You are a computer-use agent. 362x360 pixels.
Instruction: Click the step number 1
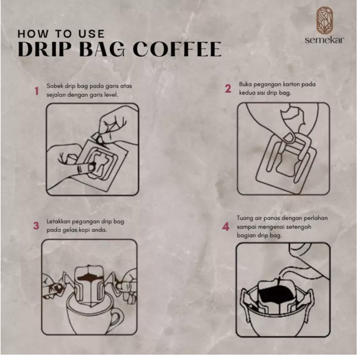[36, 91]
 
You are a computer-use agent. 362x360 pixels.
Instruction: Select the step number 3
[36, 226]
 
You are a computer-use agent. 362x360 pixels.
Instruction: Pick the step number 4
[226, 227]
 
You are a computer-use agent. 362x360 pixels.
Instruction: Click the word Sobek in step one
[55, 86]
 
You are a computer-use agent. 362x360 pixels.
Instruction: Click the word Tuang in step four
[247, 217]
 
